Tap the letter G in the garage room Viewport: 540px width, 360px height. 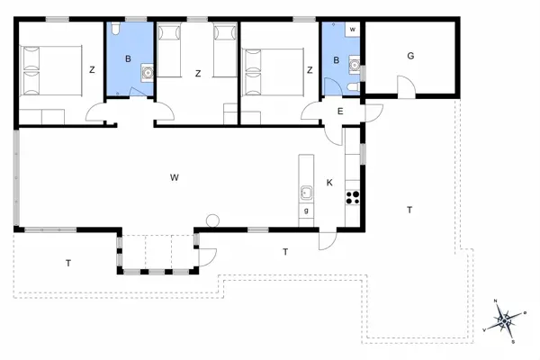tap(410, 56)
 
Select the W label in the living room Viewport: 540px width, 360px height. tap(174, 177)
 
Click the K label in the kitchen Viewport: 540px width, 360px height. tap(329, 183)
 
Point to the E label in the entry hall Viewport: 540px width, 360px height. tap(340, 112)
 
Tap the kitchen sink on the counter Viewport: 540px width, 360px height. tap(306, 191)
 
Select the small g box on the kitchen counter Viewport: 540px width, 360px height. tap(306, 211)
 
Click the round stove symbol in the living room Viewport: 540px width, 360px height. tap(213, 220)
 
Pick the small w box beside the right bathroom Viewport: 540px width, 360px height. tap(353, 30)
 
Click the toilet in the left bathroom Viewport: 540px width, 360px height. tap(114, 32)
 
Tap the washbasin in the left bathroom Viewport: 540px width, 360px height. tap(147, 71)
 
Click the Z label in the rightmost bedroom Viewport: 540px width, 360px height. tap(309, 69)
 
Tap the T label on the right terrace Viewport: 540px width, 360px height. tap(409, 210)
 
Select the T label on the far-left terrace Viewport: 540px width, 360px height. tap(68, 263)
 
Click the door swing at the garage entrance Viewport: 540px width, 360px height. tap(406, 87)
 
